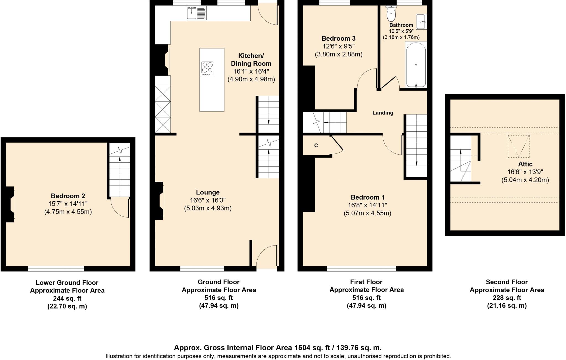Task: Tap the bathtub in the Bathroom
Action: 416,64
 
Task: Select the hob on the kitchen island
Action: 207,68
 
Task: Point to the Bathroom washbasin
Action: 421,21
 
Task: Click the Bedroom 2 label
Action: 68,196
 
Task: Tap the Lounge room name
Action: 208,192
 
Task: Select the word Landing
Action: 382,113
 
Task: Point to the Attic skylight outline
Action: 518,146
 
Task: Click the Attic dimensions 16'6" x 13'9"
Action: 525,172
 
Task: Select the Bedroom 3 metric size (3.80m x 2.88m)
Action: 339,54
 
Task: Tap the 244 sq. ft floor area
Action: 67,298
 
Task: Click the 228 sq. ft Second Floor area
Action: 507,298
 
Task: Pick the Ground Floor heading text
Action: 218,282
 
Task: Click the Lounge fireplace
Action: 159,200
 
